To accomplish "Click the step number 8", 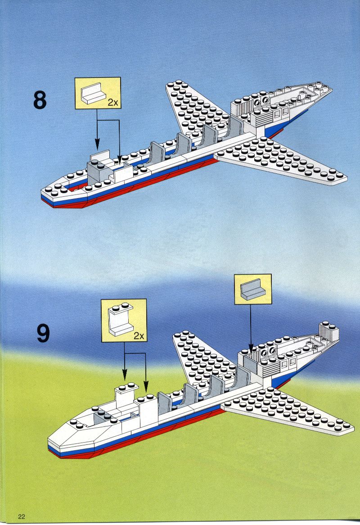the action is tap(40, 100).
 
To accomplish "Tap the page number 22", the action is tap(22, 516).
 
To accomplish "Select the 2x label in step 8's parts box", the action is tap(113, 103).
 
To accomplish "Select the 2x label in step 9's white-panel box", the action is tap(139, 335).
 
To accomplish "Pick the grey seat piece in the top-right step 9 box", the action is tap(253, 289).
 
